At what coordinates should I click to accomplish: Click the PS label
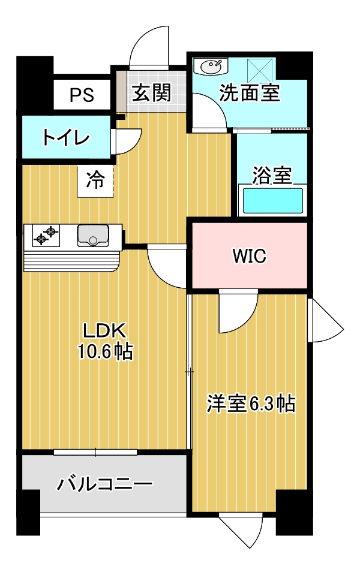[82, 95]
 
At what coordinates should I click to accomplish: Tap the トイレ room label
[66, 138]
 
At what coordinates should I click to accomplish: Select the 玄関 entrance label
[152, 92]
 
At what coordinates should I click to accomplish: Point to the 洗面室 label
[250, 92]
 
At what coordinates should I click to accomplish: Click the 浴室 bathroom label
[272, 175]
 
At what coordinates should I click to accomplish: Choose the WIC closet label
[250, 256]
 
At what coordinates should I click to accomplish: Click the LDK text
[105, 330]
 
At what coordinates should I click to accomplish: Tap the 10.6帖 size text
[105, 352]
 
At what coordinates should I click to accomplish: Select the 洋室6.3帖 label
[251, 404]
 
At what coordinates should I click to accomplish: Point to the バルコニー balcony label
[104, 484]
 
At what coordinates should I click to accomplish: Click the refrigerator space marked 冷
[95, 182]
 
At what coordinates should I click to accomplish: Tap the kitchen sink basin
[93, 236]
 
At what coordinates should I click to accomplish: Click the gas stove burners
[46, 236]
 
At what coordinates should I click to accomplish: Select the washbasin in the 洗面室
[211, 67]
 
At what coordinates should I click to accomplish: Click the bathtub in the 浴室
[272, 201]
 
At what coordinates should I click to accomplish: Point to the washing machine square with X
[260, 71]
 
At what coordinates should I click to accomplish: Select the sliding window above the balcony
[95, 452]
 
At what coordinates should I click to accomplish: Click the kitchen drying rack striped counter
[71, 261]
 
